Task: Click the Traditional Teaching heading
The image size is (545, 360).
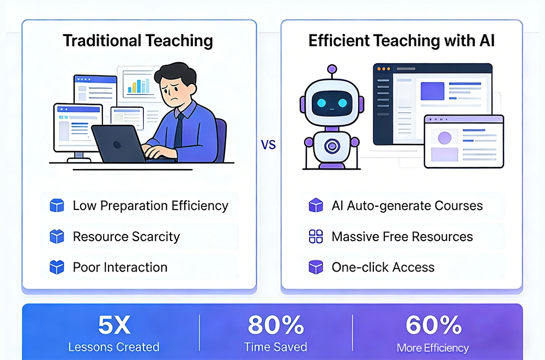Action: click(137, 41)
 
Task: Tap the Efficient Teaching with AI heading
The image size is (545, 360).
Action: click(402, 41)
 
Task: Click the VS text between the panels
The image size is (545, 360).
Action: click(268, 145)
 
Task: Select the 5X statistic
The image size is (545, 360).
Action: click(114, 325)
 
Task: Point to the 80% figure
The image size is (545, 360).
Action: click(275, 325)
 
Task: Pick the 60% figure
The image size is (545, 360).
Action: click(433, 325)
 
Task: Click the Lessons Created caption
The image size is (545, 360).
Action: click(114, 347)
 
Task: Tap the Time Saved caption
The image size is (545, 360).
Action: click(275, 347)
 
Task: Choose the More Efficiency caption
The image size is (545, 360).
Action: click(433, 347)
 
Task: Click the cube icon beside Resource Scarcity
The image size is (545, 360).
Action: click(57, 237)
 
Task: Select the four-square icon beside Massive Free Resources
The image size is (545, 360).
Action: click(316, 237)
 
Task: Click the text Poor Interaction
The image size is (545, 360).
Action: click(120, 267)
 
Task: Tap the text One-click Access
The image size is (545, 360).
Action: click(383, 267)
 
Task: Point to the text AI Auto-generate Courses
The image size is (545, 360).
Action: click(407, 206)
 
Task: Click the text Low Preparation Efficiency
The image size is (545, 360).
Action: click(150, 206)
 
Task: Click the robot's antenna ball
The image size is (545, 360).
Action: click(331, 70)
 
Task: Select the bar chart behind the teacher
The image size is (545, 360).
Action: click(138, 85)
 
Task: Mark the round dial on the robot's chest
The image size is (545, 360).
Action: click(331, 146)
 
